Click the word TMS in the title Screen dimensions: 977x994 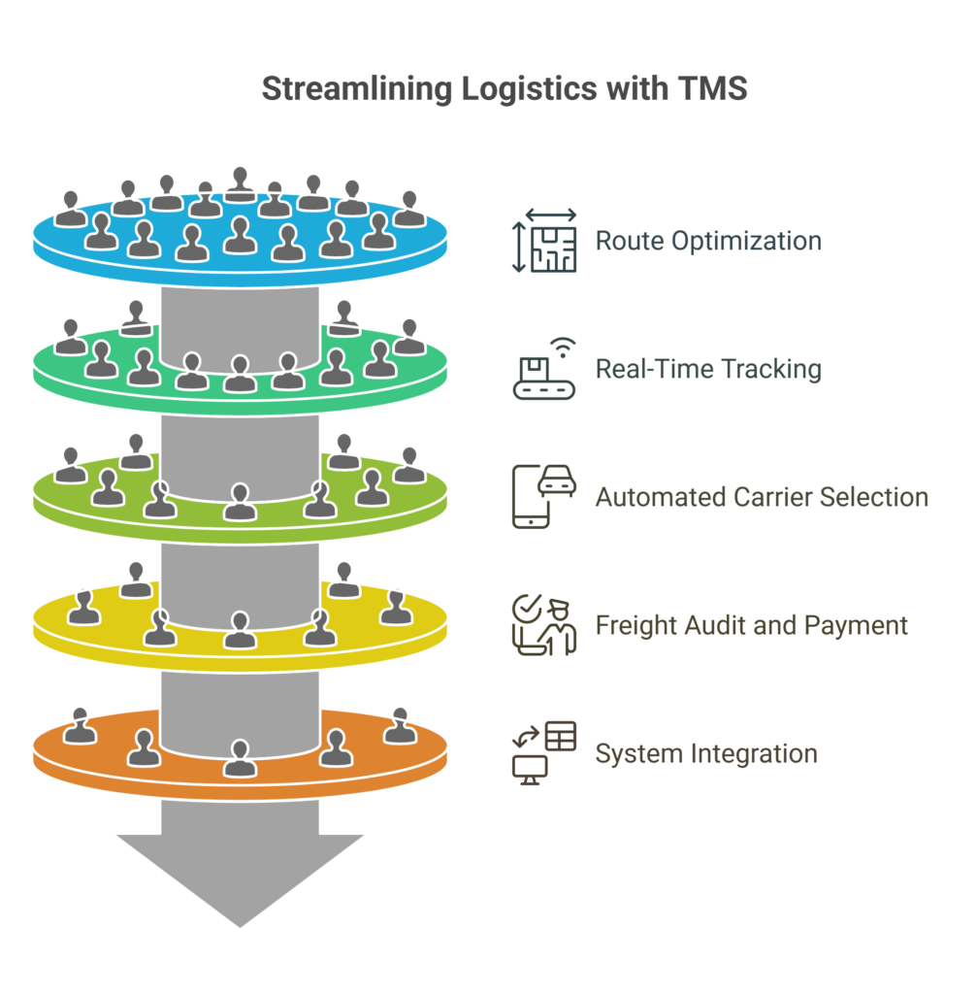[x=712, y=88]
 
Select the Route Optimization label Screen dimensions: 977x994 [x=708, y=242]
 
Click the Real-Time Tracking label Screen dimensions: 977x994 [x=708, y=369]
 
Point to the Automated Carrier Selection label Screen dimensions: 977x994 [x=762, y=497]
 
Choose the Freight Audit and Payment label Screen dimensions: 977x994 [x=752, y=626]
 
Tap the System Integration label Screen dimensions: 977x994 [x=706, y=753]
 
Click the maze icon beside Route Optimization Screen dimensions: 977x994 [x=544, y=241]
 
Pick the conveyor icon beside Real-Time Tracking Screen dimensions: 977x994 [x=544, y=369]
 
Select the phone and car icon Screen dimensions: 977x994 [x=544, y=497]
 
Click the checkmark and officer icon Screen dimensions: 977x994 [x=544, y=625]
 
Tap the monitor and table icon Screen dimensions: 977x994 [x=544, y=753]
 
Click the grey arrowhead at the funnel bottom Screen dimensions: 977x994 [x=241, y=880]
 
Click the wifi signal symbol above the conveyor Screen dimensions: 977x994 [x=563, y=348]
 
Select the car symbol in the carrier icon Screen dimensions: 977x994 [x=558, y=480]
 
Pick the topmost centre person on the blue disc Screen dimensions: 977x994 [x=241, y=184]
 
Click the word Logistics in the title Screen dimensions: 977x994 [x=529, y=89]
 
